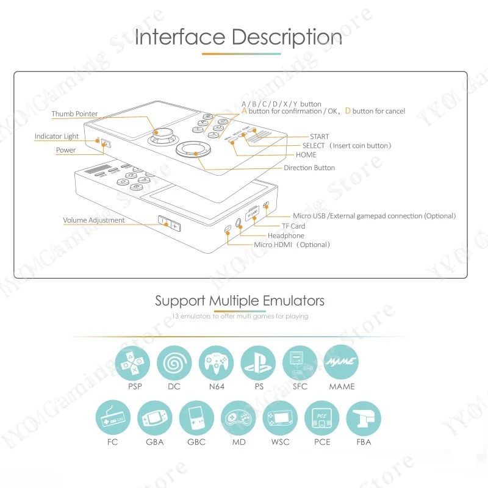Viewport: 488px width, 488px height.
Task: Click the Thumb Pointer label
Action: (74, 114)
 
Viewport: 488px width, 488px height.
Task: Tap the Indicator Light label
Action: (57, 137)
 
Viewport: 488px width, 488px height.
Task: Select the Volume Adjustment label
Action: (94, 220)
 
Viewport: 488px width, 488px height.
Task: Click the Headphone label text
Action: (285, 235)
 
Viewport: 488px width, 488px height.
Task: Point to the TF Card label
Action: (289, 226)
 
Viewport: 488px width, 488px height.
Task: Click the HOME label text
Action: (306, 155)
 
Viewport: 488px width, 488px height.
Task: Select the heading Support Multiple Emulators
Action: (240, 300)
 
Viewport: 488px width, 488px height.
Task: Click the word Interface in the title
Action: (180, 37)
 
